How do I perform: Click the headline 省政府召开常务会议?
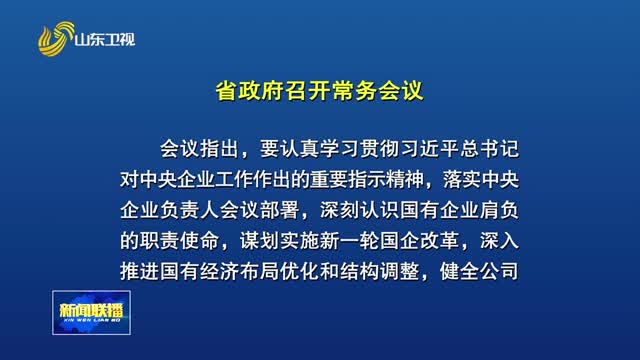click(x=320, y=91)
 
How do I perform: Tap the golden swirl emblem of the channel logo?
click(x=56, y=41)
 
